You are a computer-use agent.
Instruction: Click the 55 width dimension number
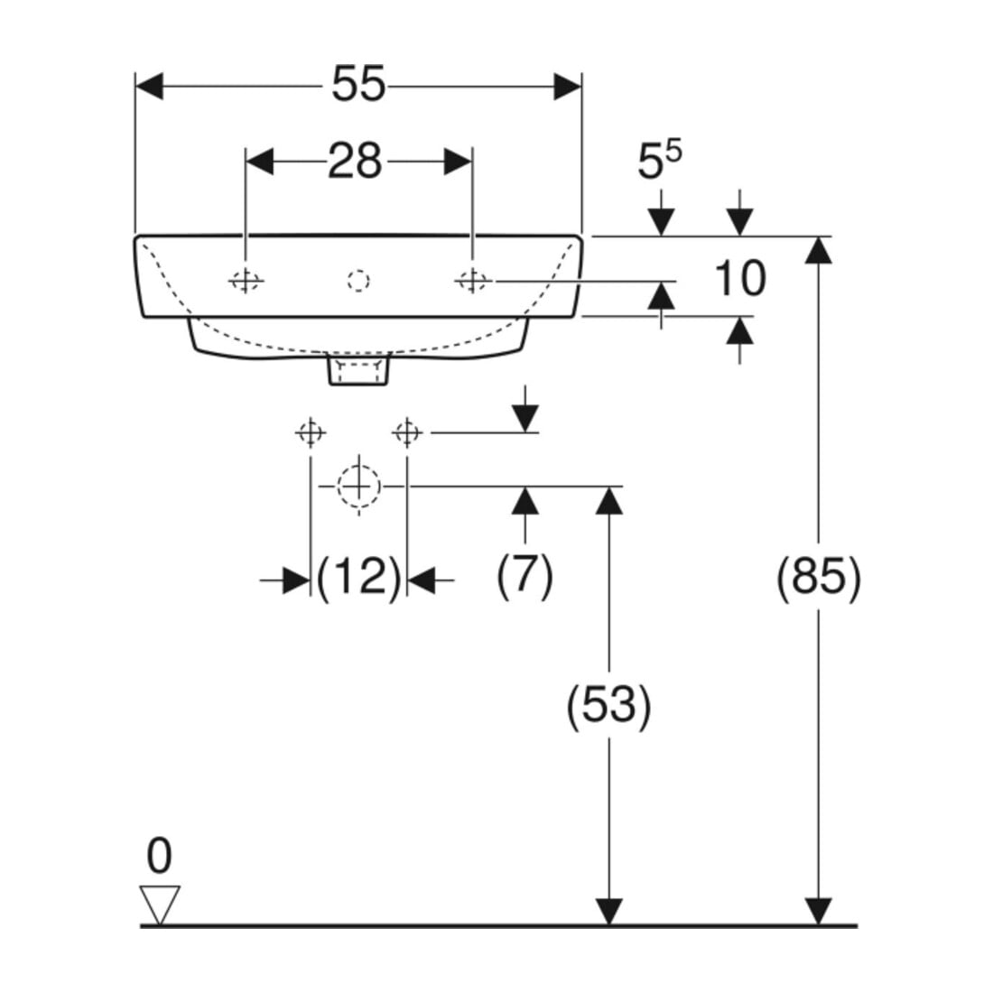click(358, 84)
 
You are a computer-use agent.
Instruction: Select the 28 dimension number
click(356, 161)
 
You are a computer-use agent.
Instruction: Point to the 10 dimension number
click(739, 278)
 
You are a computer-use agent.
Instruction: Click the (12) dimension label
click(358, 577)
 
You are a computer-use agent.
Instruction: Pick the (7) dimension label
click(524, 575)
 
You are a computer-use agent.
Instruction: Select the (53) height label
click(608, 705)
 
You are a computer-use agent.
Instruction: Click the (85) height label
click(819, 576)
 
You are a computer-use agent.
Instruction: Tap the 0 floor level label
click(159, 856)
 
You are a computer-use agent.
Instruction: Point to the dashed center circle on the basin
click(358, 280)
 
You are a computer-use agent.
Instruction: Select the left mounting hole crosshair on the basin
click(246, 280)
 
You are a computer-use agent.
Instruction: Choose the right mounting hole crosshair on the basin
click(472, 280)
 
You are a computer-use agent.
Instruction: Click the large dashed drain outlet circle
click(359, 487)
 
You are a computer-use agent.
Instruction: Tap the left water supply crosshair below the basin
click(311, 433)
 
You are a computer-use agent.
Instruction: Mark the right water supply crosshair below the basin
click(406, 433)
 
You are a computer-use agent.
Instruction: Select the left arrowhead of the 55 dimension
click(150, 86)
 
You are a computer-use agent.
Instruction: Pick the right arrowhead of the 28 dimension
click(458, 162)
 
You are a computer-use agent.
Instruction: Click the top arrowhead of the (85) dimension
click(819, 249)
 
